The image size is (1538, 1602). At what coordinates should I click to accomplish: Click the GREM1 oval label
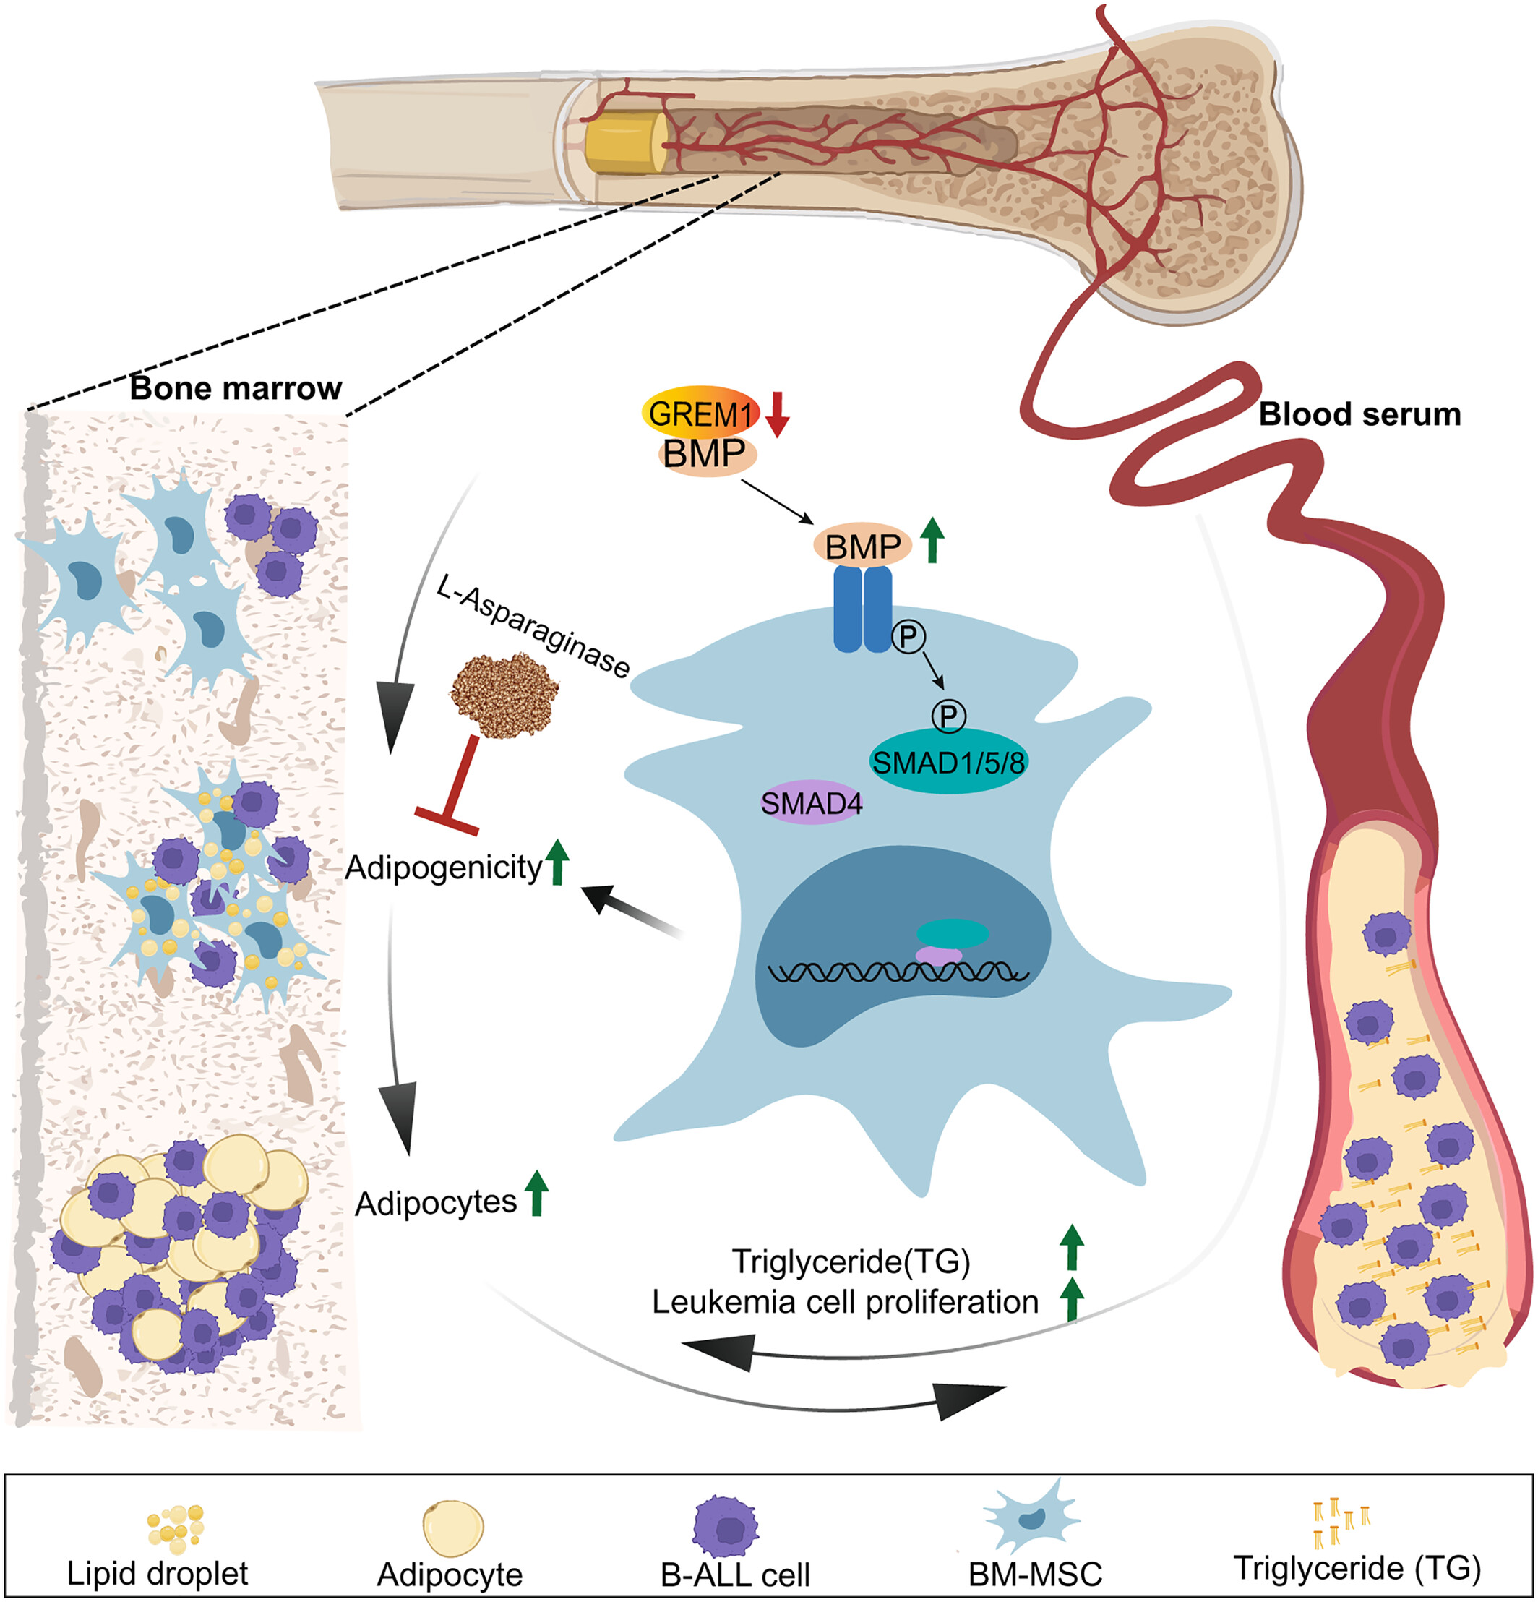[x=700, y=414]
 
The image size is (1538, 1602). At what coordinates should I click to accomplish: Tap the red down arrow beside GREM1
[x=777, y=414]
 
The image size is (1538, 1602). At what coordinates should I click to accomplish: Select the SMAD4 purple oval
[x=812, y=803]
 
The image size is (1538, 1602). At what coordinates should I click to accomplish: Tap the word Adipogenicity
[x=444, y=868]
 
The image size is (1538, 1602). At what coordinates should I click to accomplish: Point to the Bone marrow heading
[x=236, y=388]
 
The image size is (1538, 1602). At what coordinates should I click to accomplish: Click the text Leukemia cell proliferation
[x=845, y=1301]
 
